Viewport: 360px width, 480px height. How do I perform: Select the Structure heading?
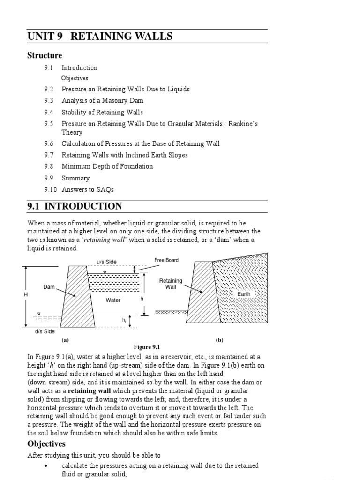click(45, 56)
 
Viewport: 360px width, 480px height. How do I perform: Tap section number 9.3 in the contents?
click(49, 101)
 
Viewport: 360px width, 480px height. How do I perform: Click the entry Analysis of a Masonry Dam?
click(102, 101)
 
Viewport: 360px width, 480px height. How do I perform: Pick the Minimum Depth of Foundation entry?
click(107, 166)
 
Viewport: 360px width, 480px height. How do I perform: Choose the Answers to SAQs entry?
click(88, 190)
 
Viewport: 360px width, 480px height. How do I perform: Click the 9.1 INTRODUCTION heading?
click(75, 206)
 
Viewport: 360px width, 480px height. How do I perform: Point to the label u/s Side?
click(106, 262)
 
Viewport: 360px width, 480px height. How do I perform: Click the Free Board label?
click(166, 260)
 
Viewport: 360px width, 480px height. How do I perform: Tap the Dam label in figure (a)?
click(49, 287)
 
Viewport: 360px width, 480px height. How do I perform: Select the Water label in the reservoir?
click(113, 300)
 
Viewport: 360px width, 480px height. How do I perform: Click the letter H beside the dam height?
click(26, 295)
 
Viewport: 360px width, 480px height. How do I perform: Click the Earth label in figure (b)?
click(244, 294)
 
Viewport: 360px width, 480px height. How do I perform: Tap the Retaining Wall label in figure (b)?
click(171, 284)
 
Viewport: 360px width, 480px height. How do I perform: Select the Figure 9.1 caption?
click(147, 347)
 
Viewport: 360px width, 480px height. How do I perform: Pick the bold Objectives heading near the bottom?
click(46, 443)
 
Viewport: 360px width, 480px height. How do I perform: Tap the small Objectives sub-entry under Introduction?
click(75, 78)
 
